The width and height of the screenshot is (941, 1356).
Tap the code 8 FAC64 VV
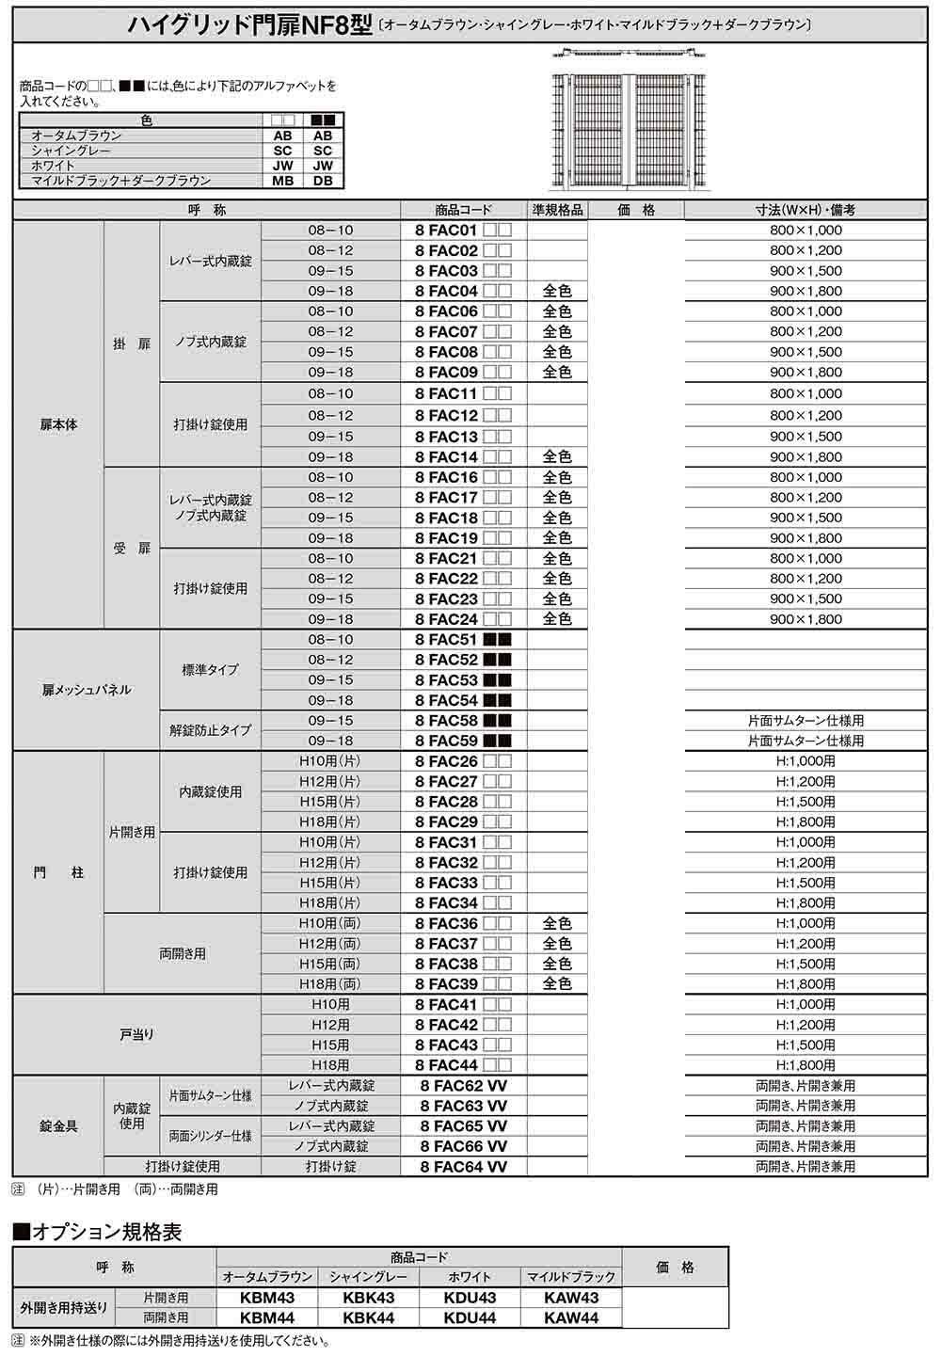tap(463, 1167)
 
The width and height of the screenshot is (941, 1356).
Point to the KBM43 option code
tap(267, 1298)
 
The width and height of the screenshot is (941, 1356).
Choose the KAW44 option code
tap(571, 1318)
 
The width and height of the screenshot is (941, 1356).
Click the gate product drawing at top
tap(629, 118)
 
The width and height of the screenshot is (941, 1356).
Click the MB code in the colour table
tap(282, 181)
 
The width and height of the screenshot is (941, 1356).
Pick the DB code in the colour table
tap(323, 181)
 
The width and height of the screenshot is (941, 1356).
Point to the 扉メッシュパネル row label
tap(86, 690)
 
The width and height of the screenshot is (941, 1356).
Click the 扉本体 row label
tap(58, 424)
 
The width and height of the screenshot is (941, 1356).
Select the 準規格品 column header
tap(557, 210)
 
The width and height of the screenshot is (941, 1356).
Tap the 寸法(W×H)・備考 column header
tap(805, 210)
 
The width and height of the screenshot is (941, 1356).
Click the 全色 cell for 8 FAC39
tap(557, 984)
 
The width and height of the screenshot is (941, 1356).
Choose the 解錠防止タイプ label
tap(210, 730)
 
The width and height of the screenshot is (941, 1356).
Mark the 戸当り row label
tap(136, 1034)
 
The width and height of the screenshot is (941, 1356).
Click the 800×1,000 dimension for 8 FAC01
tap(805, 230)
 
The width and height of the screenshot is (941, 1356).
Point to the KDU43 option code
tap(470, 1298)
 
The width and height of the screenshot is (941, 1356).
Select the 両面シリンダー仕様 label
tap(210, 1136)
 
